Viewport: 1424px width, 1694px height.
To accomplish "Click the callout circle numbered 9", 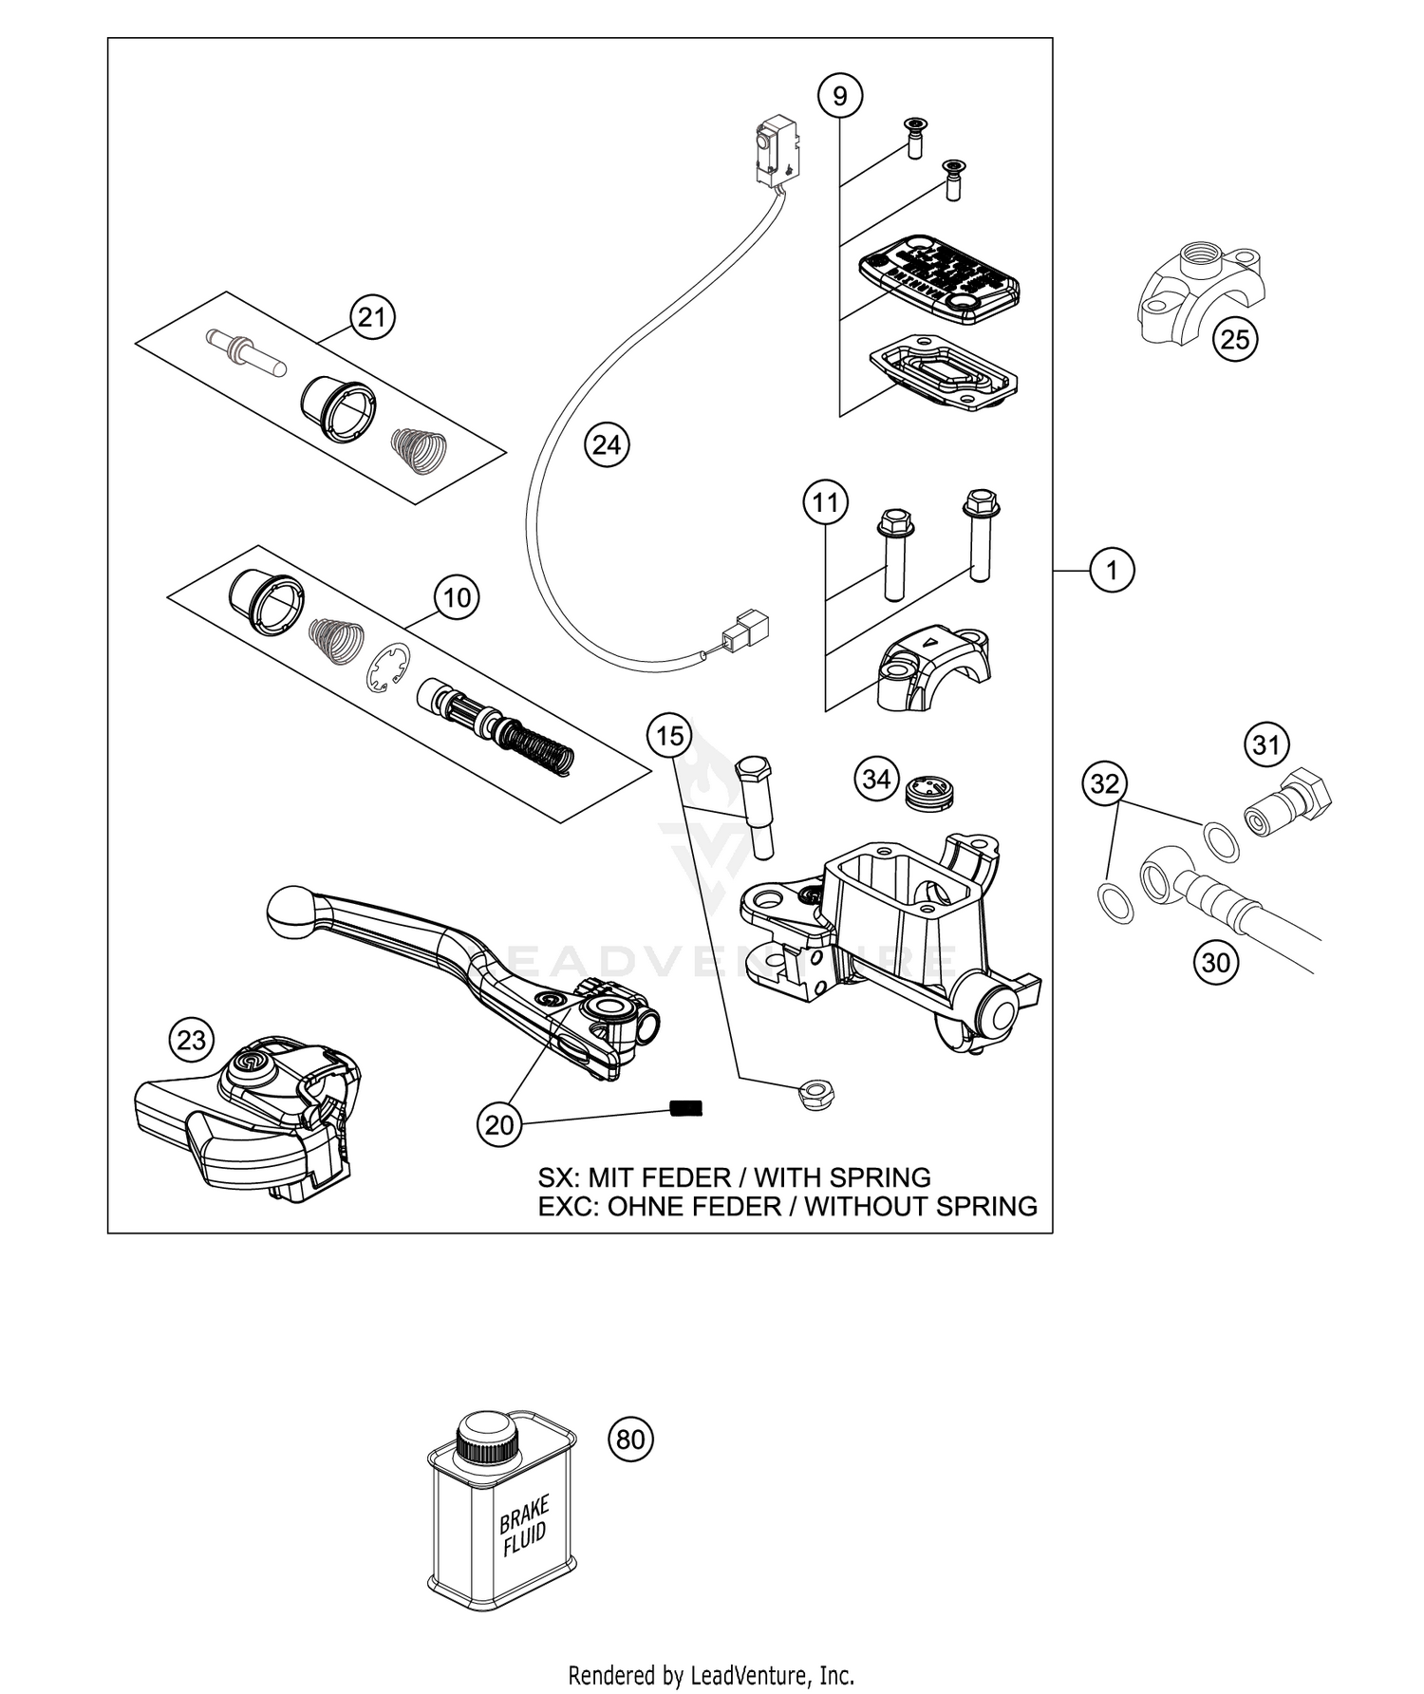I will [840, 95].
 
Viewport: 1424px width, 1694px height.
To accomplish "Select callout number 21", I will [371, 316].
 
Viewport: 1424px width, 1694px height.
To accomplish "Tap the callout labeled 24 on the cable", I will [607, 444].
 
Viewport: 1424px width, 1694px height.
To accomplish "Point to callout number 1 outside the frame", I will [1111, 570].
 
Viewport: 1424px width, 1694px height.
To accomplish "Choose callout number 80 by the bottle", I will [630, 1440].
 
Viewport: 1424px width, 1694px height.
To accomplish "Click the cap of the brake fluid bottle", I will [487, 1435].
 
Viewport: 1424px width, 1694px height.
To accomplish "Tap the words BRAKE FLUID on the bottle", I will [524, 1526].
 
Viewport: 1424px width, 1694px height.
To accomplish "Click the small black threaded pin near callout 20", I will [684, 1107].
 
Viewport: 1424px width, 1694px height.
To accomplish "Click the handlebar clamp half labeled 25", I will [1196, 304].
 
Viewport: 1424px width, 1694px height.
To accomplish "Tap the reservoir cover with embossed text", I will [938, 279].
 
